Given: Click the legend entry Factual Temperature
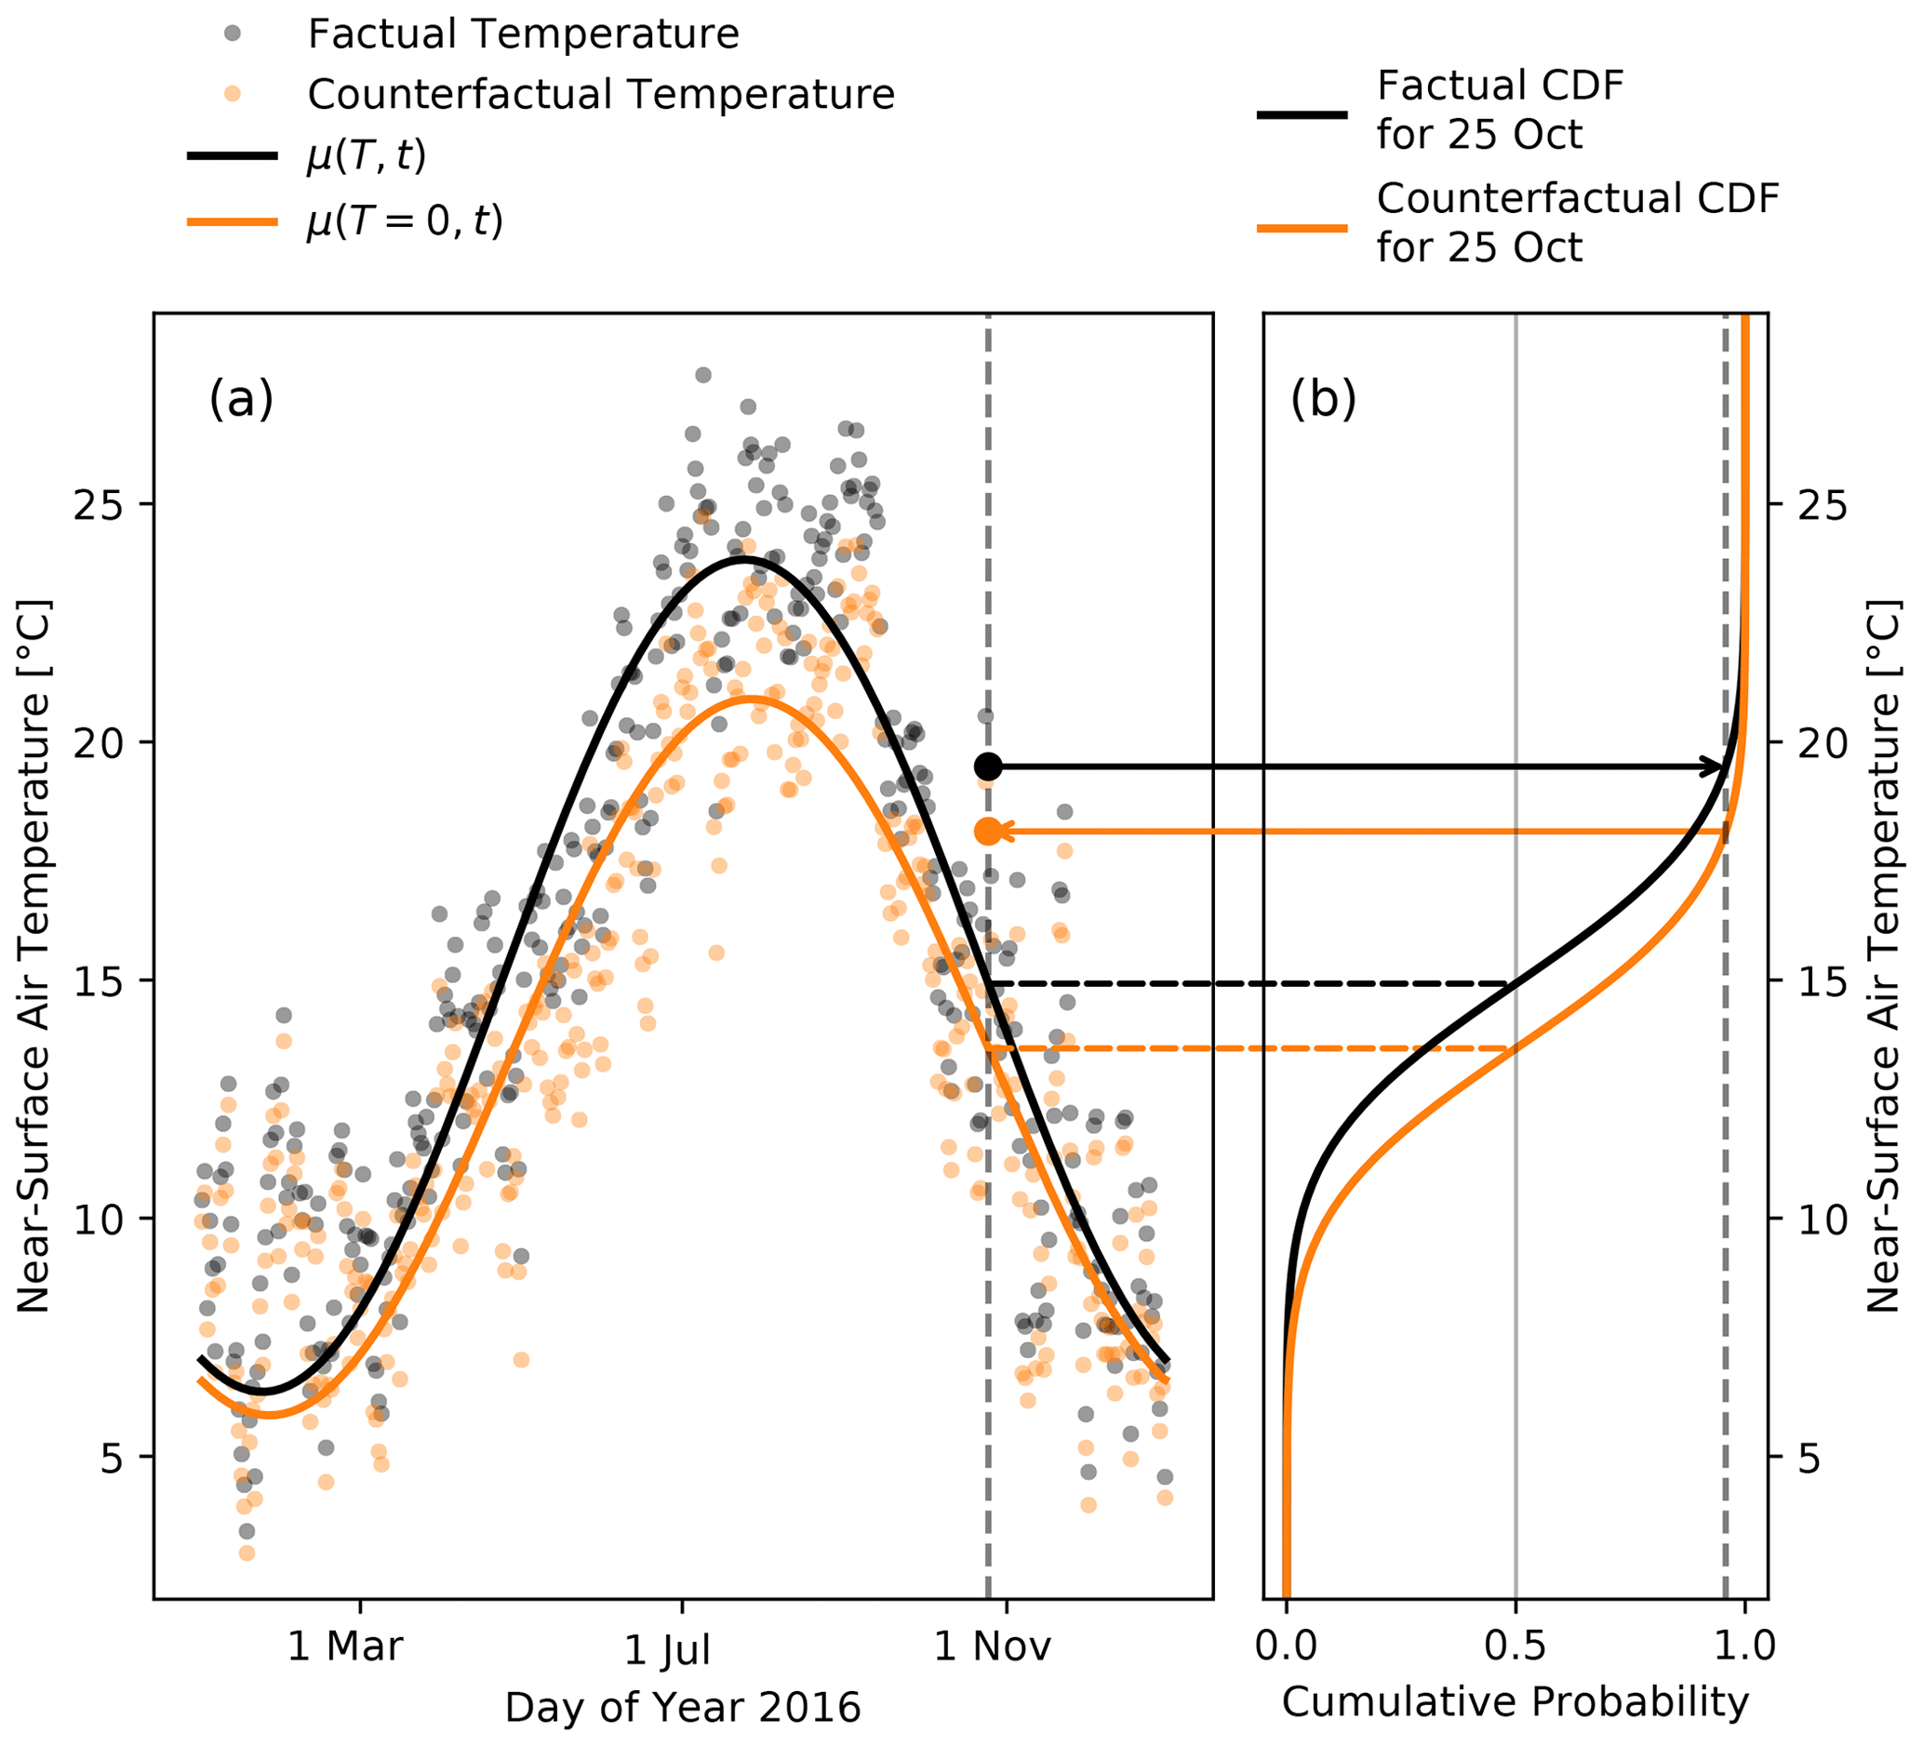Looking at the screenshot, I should tap(523, 34).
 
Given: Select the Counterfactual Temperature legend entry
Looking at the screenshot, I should tap(601, 94).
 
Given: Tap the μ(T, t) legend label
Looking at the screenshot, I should tap(366, 155).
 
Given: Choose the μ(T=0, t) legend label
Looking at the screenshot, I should tap(404, 221).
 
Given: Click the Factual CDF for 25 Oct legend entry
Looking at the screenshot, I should tap(1499, 111).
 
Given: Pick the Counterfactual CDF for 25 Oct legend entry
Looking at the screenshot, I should tap(1577, 223).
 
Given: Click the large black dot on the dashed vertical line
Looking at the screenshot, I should tap(988, 766).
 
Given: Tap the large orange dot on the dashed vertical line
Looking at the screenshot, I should tap(988, 832).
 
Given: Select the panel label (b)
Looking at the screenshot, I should tap(1323, 399).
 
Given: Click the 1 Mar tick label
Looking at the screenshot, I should tap(345, 1646).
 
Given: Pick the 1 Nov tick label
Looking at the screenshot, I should tap(992, 1646).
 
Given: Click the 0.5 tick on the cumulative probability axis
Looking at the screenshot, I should tap(1515, 1646).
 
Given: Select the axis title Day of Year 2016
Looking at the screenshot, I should tap(682, 1706).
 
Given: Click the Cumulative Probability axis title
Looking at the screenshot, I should tap(1515, 1702).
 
